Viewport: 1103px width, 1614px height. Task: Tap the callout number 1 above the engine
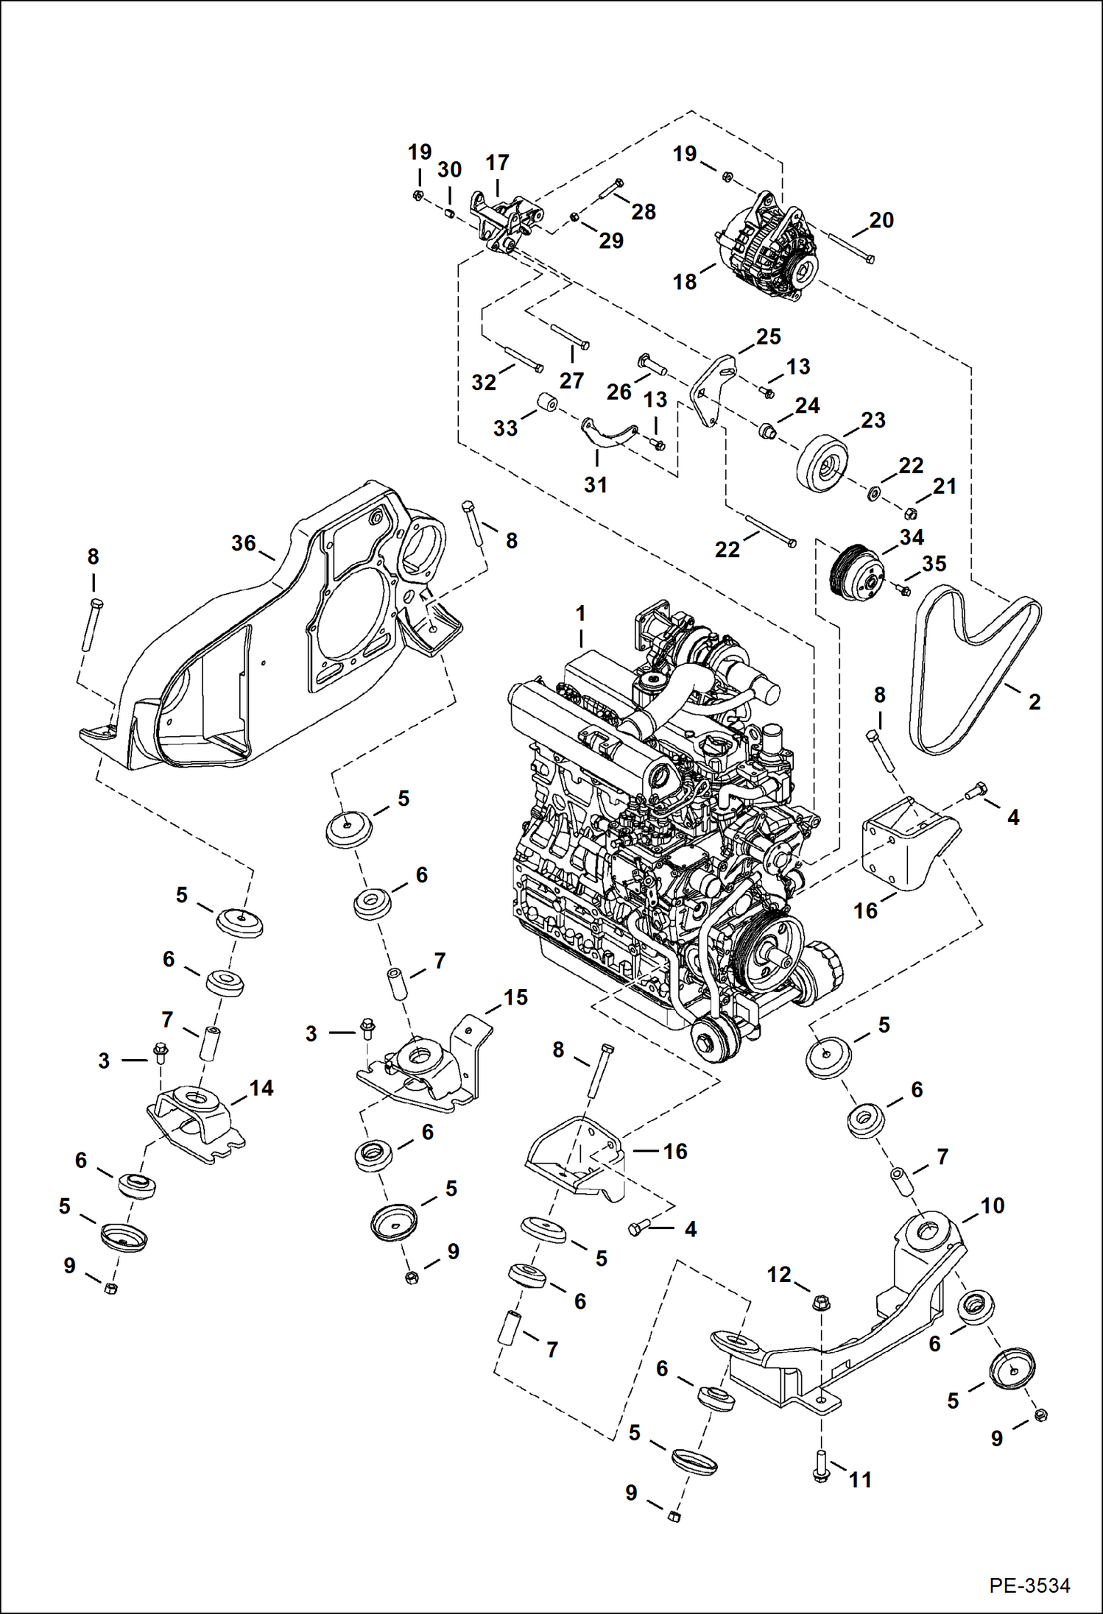pos(581,613)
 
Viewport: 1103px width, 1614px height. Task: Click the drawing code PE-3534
pos(1029,1585)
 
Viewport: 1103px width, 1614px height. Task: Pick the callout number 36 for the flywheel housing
pos(244,543)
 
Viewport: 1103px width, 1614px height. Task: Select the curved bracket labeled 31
pos(607,433)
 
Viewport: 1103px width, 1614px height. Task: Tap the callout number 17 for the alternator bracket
pos(497,163)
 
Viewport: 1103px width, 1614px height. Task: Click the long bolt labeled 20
pos(851,246)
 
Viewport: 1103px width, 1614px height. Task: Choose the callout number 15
pos(515,997)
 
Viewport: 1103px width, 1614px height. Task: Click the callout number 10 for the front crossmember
pos(992,1206)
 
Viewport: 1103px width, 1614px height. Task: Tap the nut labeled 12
pos(822,1303)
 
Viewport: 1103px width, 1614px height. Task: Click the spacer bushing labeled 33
pos(547,403)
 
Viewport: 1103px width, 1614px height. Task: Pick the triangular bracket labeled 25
pos(711,390)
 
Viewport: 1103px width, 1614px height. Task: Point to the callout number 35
pos(934,564)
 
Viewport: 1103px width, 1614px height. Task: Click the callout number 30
pos(449,170)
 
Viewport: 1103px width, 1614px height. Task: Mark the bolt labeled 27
pos(569,335)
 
